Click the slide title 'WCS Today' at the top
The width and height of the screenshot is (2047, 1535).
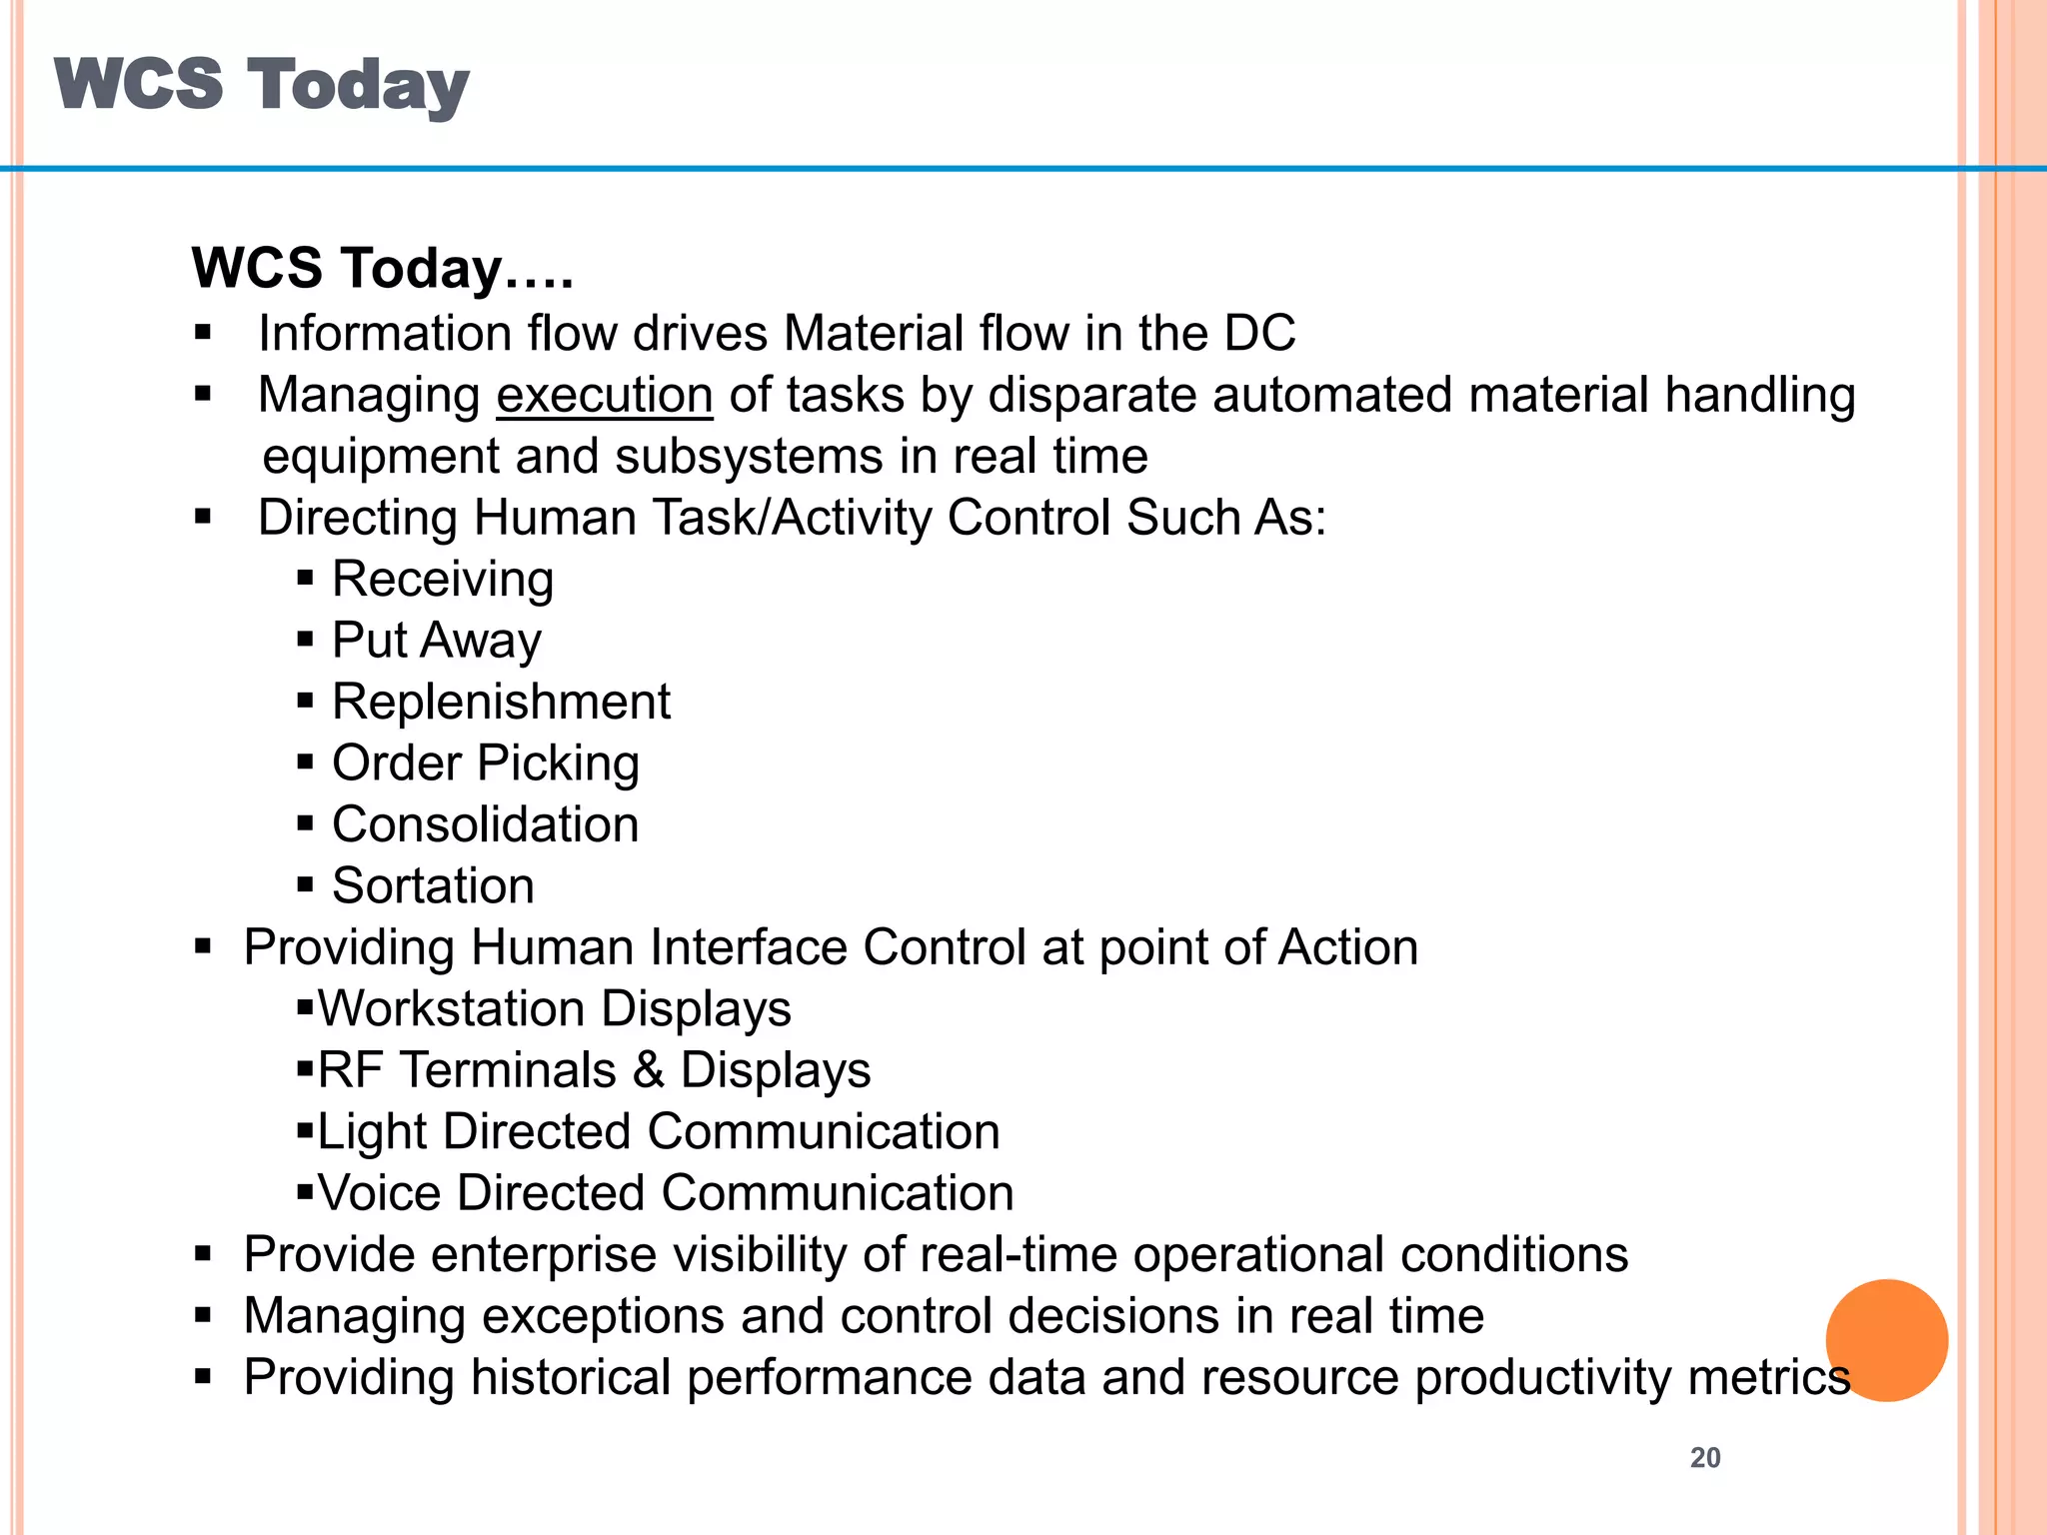(261, 85)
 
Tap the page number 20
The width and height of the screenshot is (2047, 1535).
(1705, 1458)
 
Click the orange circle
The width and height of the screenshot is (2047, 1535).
(1886, 1340)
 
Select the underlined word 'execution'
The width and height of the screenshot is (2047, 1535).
(605, 395)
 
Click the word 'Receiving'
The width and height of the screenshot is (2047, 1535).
(443, 580)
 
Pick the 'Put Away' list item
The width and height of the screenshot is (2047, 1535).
(437, 641)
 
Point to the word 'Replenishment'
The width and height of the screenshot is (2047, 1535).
(501, 702)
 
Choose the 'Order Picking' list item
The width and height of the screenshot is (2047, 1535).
(486, 764)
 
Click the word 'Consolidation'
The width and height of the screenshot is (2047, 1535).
(486, 824)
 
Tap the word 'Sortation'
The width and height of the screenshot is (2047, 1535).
(433, 886)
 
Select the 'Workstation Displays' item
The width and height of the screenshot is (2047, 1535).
(555, 1009)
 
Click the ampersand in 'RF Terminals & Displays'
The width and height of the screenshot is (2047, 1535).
(648, 1070)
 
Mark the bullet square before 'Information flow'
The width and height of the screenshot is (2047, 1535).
(204, 333)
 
